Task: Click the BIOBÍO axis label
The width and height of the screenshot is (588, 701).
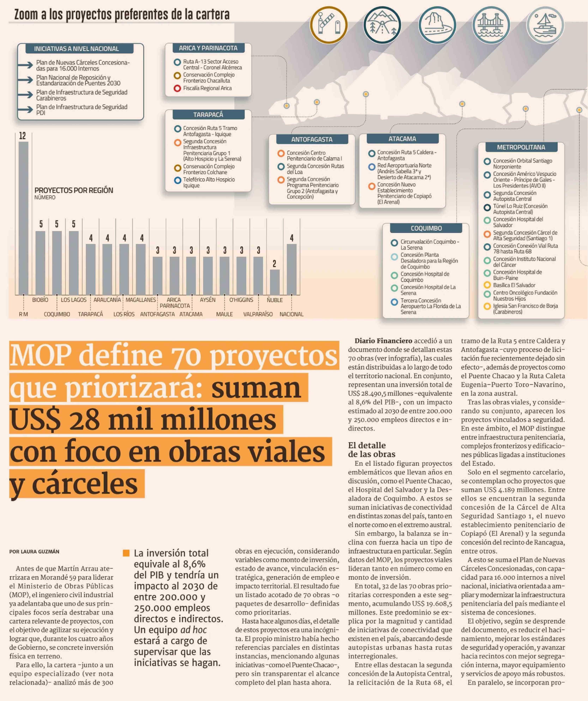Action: coord(40,300)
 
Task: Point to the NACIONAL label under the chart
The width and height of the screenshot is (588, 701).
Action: coord(291,314)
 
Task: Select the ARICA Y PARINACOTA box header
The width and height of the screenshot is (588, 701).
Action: coord(208,48)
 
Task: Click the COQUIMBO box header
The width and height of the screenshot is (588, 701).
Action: coord(426,228)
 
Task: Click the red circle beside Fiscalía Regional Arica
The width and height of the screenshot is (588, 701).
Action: coord(177,89)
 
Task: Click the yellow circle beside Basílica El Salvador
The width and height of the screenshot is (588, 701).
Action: coord(487,285)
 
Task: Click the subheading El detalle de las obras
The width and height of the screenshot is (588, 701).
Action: coord(367,450)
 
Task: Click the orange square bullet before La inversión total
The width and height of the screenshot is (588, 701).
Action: coord(126,553)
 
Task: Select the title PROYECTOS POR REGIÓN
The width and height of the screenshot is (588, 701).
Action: coord(74,190)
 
